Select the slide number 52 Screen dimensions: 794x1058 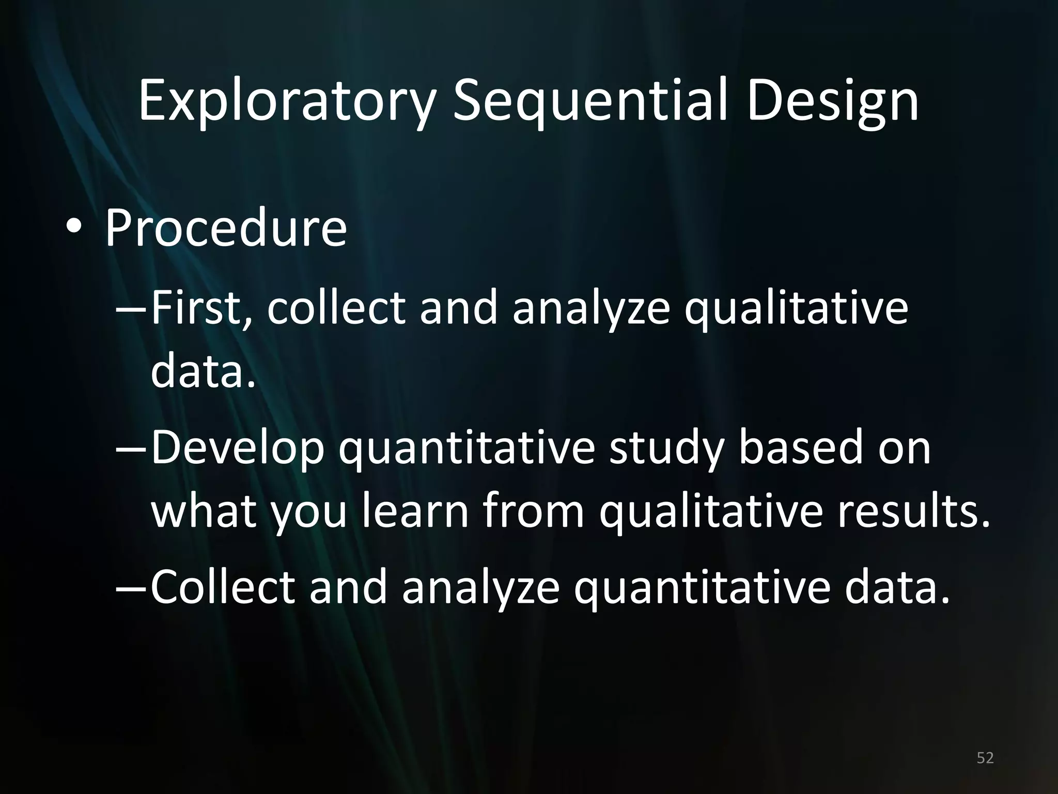pyautogui.click(x=985, y=758)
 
